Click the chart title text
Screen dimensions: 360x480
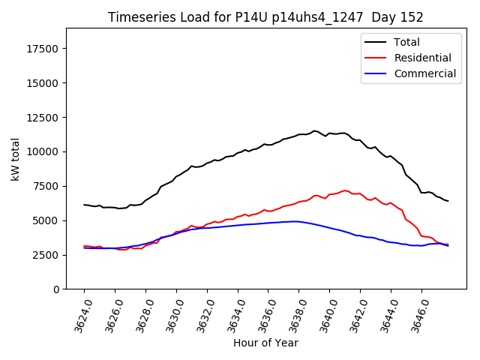[x=265, y=17]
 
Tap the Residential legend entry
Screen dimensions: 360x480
[x=423, y=58]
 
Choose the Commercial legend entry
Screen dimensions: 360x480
[x=425, y=73]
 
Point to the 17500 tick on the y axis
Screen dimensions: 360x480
[x=43, y=49]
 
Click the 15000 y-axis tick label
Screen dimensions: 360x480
[x=43, y=83]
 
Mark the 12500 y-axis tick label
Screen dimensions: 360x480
[x=43, y=118]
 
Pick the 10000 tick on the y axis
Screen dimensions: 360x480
[x=43, y=151]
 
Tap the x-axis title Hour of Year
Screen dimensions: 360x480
[x=265, y=343]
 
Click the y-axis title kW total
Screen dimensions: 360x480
[x=15, y=159]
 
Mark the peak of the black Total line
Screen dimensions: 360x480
[x=314, y=131]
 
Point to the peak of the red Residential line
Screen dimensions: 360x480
[x=345, y=190]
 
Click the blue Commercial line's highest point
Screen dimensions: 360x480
[x=295, y=221]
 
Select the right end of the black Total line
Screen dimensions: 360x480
[x=448, y=201]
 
